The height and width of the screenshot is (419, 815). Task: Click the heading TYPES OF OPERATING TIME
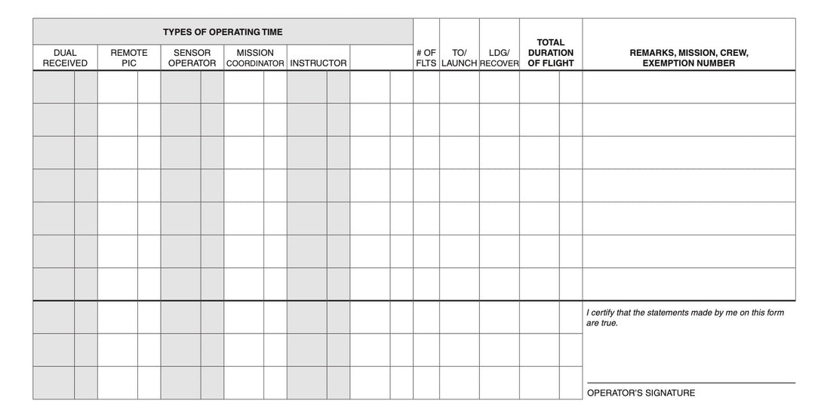(x=223, y=32)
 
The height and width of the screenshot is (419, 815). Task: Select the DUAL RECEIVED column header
(x=65, y=58)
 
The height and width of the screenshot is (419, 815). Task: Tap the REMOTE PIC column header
(x=129, y=58)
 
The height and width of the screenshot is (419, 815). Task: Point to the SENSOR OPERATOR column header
(x=192, y=58)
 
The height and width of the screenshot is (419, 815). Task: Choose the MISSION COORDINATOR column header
(x=255, y=58)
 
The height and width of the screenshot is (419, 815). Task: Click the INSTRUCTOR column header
(x=318, y=63)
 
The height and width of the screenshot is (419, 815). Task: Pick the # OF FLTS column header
(x=426, y=58)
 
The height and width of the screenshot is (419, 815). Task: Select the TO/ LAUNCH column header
(x=459, y=58)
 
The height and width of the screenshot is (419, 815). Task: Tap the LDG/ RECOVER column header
(x=499, y=58)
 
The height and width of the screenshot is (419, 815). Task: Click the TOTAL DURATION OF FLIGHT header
(x=551, y=53)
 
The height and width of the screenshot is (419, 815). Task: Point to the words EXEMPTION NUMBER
(x=688, y=63)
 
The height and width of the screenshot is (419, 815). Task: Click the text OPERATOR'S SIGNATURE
(x=641, y=393)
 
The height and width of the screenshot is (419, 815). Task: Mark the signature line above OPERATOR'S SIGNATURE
(x=690, y=383)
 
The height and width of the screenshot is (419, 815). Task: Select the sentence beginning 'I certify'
(x=684, y=317)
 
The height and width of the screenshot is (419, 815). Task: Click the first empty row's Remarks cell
(x=688, y=87)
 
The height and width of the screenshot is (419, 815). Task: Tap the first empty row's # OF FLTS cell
(x=426, y=87)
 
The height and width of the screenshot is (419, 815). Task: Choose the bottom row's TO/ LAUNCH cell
(x=459, y=383)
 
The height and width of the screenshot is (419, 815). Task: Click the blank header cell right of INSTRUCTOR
(x=381, y=58)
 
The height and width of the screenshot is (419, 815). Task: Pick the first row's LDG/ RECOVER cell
(x=499, y=87)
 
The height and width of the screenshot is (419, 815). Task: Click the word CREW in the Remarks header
(x=734, y=53)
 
